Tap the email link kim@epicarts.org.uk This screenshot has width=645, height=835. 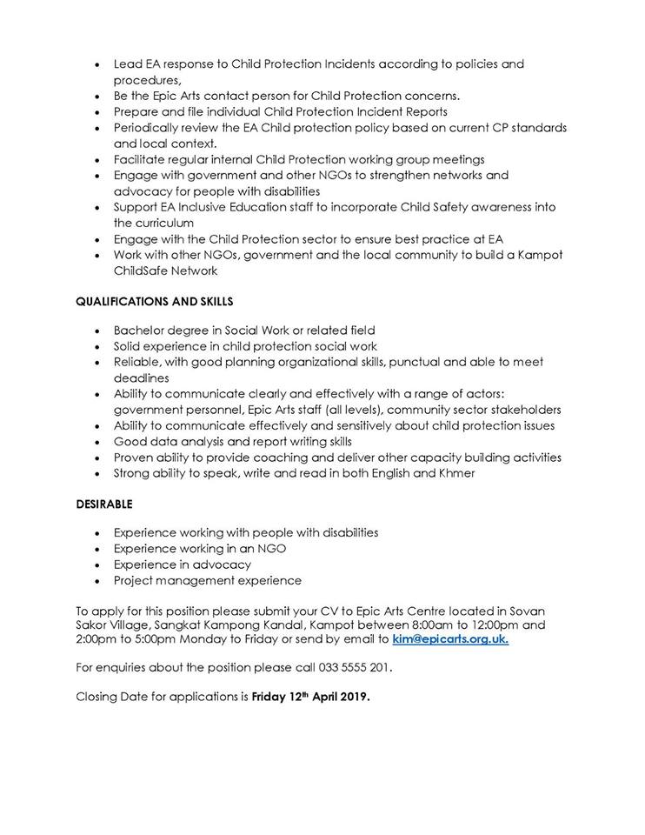pos(450,639)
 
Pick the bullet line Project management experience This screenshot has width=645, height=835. pos(207,580)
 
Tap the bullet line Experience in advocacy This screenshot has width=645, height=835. pos(182,564)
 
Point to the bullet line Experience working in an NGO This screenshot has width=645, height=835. pos(200,548)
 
